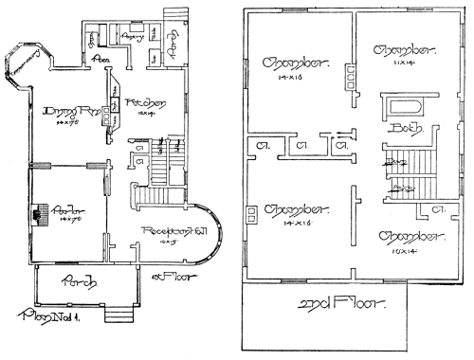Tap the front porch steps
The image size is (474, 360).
coord(118,315)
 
